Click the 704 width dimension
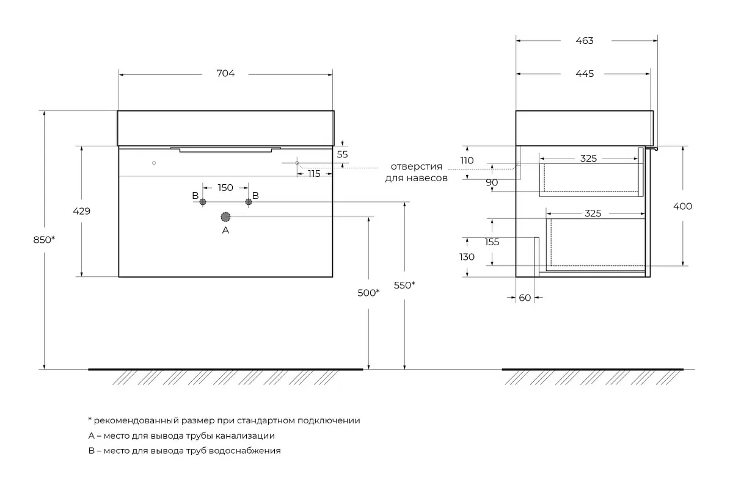coord(225,73)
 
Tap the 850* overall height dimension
coord(44,240)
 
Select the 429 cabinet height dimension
coord(81,211)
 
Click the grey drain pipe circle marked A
coord(225,217)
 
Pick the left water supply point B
coord(203,202)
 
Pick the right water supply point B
coord(249,202)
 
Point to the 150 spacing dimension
coord(225,188)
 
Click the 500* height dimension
coord(368,293)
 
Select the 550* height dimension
coord(404,285)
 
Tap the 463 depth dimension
coord(585,40)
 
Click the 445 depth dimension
coord(585,74)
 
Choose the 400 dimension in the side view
coord(683,206)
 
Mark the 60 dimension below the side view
coord(525,298)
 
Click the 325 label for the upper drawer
coord(588,159)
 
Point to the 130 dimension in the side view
coord(467,257)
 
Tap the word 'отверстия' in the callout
coord(416,167)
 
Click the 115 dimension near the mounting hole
coord(314,174)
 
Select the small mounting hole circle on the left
coord(154,163)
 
